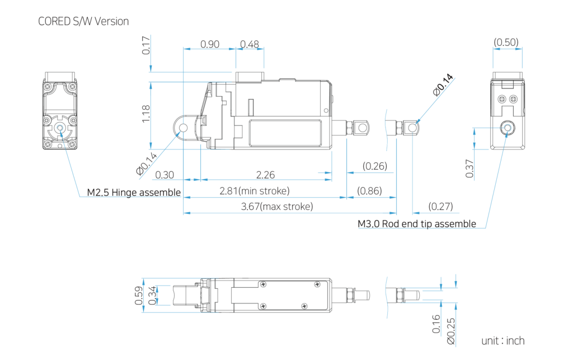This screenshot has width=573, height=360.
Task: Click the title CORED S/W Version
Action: pos(83,22)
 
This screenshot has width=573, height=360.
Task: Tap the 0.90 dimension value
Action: pos(210,44)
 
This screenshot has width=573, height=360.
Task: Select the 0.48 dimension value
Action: pos(250,44)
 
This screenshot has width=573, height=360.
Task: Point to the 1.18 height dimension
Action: pos(145,114)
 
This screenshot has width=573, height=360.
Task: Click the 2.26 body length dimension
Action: pos(265,175)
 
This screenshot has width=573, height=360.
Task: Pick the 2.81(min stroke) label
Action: pos(255,191)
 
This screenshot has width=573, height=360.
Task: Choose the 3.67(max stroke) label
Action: pos(277,207)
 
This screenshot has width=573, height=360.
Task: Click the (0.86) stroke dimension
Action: pos(369,191)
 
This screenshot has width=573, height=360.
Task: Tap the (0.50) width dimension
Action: pos(506,42)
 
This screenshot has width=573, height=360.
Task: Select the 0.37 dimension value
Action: pos(469,169)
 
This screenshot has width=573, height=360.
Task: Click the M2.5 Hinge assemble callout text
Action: pos(134,192)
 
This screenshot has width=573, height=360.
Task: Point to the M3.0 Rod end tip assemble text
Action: pos(417,224)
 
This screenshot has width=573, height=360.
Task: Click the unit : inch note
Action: pos(503,340)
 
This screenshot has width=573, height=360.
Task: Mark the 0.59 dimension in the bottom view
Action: pos(139,295)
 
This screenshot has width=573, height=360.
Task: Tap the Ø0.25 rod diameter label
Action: pos(451,331)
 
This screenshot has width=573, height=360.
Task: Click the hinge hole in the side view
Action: pos(183,128)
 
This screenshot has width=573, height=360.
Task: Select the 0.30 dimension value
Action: pos(165,175)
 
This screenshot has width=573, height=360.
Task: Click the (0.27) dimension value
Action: pos(440,207)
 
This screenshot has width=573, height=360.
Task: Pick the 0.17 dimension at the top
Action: pos(145,45)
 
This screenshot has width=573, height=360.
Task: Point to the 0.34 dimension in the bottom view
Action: pos(152,295)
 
